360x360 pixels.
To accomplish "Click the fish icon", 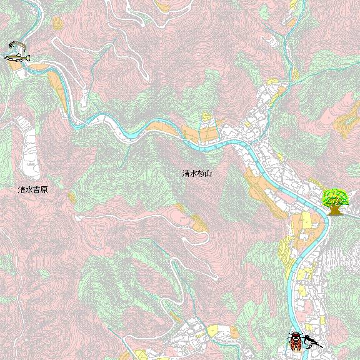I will (17, 57).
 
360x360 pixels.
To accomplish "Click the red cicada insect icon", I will (295, 341).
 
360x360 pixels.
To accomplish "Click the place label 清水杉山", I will (197, 173).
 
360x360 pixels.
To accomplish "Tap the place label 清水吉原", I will (33, 189).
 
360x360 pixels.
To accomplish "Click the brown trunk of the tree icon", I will (335, 210).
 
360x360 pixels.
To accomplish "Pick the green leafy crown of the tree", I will (335, 196).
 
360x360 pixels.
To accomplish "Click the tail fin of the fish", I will (6, 57).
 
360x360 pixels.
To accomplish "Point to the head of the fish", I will (27, 57).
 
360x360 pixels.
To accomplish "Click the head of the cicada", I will (295, 335).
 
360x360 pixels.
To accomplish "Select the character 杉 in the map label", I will (201, 173).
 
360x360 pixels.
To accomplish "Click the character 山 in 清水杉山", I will (208, 173).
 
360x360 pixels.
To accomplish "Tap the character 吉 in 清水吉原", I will (37, 189).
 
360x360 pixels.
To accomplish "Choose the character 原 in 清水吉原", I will (44, 189).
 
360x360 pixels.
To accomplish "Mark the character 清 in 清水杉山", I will (186, 173).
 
